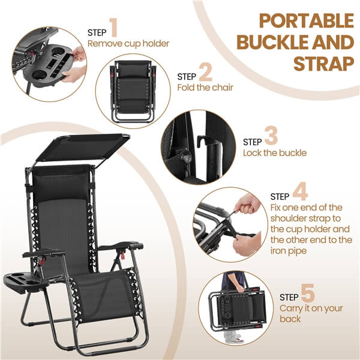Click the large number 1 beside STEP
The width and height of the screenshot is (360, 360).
[114, 28]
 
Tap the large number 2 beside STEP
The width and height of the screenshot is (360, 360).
[205, 73]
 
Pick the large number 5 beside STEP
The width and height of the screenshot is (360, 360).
[308, 293]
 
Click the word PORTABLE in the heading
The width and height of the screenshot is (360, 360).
[307, 20]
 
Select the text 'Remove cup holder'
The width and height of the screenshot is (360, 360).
[128, 43]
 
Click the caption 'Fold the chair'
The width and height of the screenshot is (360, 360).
[205, 88]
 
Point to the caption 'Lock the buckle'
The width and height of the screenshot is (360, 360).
[275, 153]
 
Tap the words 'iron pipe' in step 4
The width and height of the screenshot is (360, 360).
[289, 250]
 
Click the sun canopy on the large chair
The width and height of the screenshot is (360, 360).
[83, 147]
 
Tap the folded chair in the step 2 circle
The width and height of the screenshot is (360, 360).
[133, 91]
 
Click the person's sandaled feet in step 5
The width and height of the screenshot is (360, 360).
[232, 337]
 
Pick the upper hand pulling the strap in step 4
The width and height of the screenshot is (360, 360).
[248, 204]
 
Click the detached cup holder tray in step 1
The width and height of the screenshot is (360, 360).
[49, 67]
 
